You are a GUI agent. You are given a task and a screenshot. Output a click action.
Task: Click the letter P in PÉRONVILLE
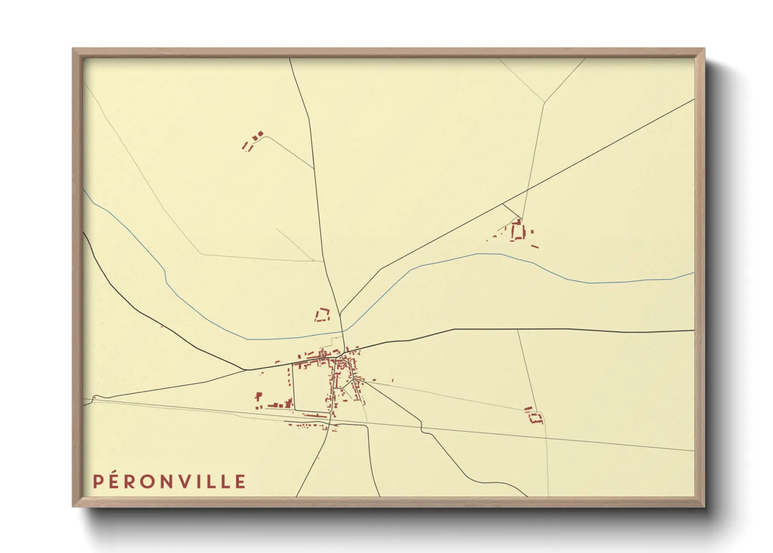point(98,481)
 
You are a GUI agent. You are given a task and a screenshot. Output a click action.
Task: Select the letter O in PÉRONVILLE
point(151,481)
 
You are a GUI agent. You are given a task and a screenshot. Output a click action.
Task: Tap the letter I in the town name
point(205,481)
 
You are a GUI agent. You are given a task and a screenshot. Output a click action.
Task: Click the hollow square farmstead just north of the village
point(322,315)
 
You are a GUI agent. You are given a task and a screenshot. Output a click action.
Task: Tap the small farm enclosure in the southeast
point(534,416)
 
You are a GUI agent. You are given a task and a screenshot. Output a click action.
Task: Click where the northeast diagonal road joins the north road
point(340,314)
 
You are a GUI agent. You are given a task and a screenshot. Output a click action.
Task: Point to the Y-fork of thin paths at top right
point(545,102)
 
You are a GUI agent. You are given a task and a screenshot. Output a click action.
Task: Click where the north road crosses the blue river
point(343,331)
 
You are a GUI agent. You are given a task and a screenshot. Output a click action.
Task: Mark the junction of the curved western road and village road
point(245,370)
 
